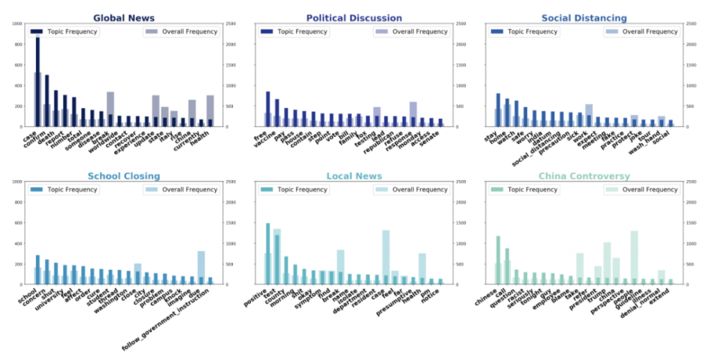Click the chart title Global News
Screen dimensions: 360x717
(124, 18)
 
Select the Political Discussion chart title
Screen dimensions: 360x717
(354, 18)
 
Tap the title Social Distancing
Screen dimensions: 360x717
(584, 18)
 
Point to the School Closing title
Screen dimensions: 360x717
(124, 176)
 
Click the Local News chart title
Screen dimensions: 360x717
(354, 176)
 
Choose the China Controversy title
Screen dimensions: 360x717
(584, 176)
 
